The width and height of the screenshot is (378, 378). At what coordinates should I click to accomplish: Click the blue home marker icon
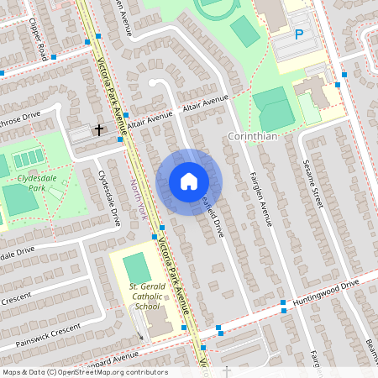point(188,181)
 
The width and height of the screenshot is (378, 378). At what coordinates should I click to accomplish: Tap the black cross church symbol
point(99,129)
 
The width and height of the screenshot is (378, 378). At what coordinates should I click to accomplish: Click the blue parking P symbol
point(298,35)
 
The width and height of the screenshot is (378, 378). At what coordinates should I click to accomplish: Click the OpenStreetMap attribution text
point(84,372)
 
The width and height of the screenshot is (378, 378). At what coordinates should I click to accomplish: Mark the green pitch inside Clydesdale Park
point(19,199)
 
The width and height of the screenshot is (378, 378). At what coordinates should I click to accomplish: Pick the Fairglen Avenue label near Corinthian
point(260,197)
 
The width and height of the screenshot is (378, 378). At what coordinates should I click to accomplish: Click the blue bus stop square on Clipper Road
point(54,57)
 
